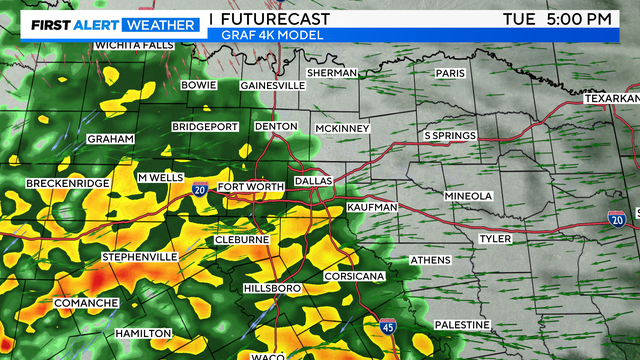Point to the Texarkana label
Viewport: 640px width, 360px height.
coord(613,99)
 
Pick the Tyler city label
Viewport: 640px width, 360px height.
coord(494,239)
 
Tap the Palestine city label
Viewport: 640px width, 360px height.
coord(462,325)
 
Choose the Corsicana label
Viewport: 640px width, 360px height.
coord(354,276)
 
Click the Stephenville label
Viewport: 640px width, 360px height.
coord(139,257)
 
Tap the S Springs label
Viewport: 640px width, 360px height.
coord(450,135)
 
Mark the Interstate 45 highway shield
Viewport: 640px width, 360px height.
coord(388,326)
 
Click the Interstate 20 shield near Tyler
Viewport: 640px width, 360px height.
coord(617,218)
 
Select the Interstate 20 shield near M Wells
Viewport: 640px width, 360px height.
coord(200,188)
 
